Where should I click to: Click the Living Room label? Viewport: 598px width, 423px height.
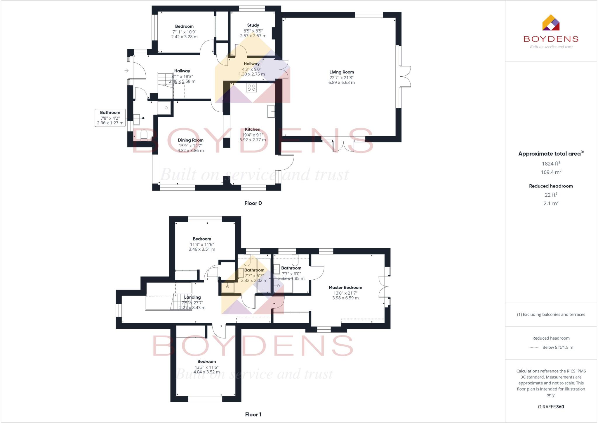tap(341, 72)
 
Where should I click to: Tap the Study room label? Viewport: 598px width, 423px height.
tap(253, 25)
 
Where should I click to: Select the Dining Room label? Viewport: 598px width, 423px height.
tap(190, 140)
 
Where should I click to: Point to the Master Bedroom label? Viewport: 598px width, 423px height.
tap(345, 288)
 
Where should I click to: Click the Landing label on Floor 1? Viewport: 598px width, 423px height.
tap(192, 297)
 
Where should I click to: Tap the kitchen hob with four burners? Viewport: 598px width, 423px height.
tap(251, 87)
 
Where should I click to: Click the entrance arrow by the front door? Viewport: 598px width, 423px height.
tap(126, 70)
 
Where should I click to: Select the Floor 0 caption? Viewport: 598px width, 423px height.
tap(253, 203)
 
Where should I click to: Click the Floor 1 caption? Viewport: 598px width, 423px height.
tap(253, 414)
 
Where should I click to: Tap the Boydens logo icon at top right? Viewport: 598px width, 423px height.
tap(551, 23)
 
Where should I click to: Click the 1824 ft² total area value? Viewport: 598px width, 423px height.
tap(551, 164)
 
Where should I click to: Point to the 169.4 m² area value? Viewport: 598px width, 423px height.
tap(551, 172)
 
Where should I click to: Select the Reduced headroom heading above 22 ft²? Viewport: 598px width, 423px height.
tap(551, 186)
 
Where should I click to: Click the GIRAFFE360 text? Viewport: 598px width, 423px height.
tap(551, 407)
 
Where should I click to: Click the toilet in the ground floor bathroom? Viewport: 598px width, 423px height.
tap(144, 135)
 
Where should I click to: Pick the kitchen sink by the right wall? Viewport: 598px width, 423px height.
tap(271, 111)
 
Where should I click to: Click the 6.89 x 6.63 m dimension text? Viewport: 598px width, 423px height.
tap(341, 82)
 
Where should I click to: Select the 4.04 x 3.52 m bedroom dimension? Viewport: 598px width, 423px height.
tap(206, 372)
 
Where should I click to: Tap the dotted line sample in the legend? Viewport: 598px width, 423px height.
tap(534, 348)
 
